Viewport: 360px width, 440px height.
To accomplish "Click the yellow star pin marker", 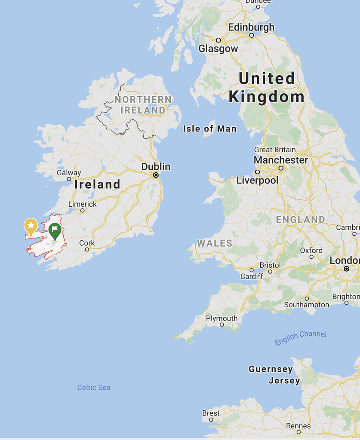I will coord(31,226).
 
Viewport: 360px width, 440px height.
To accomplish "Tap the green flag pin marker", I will coord(55,231).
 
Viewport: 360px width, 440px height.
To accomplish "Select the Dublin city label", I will coord(156,167).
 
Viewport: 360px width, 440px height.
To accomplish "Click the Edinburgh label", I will coord(251,27).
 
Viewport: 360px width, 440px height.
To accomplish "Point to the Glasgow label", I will coord(218,49).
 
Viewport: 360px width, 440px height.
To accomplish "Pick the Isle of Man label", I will coord(209,128).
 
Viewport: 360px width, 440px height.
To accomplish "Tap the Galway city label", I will coord(69,173).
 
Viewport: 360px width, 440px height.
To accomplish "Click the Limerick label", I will coord(83,204).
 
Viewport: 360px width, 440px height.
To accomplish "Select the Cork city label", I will coord(87,243).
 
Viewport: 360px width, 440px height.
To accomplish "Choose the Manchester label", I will coord(281,160).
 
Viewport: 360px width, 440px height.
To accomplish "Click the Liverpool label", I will coord(257,180).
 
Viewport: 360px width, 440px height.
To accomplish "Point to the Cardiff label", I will coord(252,276).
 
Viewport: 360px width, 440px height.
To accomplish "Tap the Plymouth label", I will coord(222,318).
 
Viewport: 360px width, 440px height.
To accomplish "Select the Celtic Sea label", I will coord(94,387).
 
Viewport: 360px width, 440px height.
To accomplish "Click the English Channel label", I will coord(301,338).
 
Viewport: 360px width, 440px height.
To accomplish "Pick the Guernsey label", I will coord(271,369).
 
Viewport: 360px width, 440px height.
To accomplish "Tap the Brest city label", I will coord(211,413).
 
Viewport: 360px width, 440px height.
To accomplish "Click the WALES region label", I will coord(215,243).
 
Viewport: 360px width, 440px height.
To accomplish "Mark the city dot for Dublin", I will coord(156,175).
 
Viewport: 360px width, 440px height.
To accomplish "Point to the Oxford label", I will coord(311,250).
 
